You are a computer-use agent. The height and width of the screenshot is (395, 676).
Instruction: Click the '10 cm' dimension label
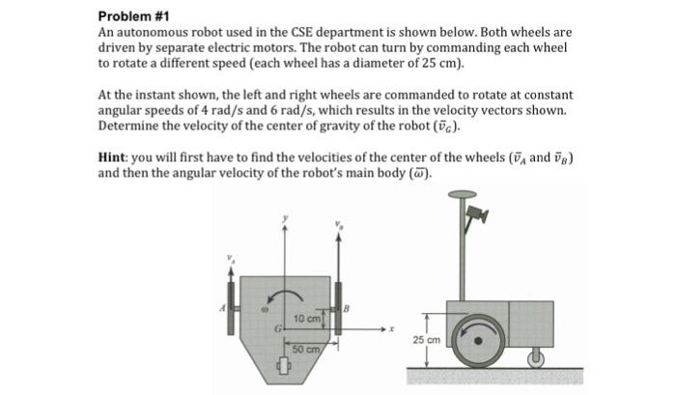coord(308,317)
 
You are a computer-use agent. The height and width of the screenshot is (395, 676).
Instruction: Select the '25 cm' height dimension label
coord(427,340)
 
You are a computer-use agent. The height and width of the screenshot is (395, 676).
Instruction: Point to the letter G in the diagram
coord(276,329)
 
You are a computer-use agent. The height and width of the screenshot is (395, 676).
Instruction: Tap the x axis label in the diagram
coord(392,329)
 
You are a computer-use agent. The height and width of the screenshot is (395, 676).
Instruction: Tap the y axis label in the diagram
coord(285,218)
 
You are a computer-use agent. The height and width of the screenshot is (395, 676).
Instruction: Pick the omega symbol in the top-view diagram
coord(262,312)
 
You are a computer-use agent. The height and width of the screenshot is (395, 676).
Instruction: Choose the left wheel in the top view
coord(231,295)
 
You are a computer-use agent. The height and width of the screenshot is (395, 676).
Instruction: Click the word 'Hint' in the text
coord(115,156)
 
